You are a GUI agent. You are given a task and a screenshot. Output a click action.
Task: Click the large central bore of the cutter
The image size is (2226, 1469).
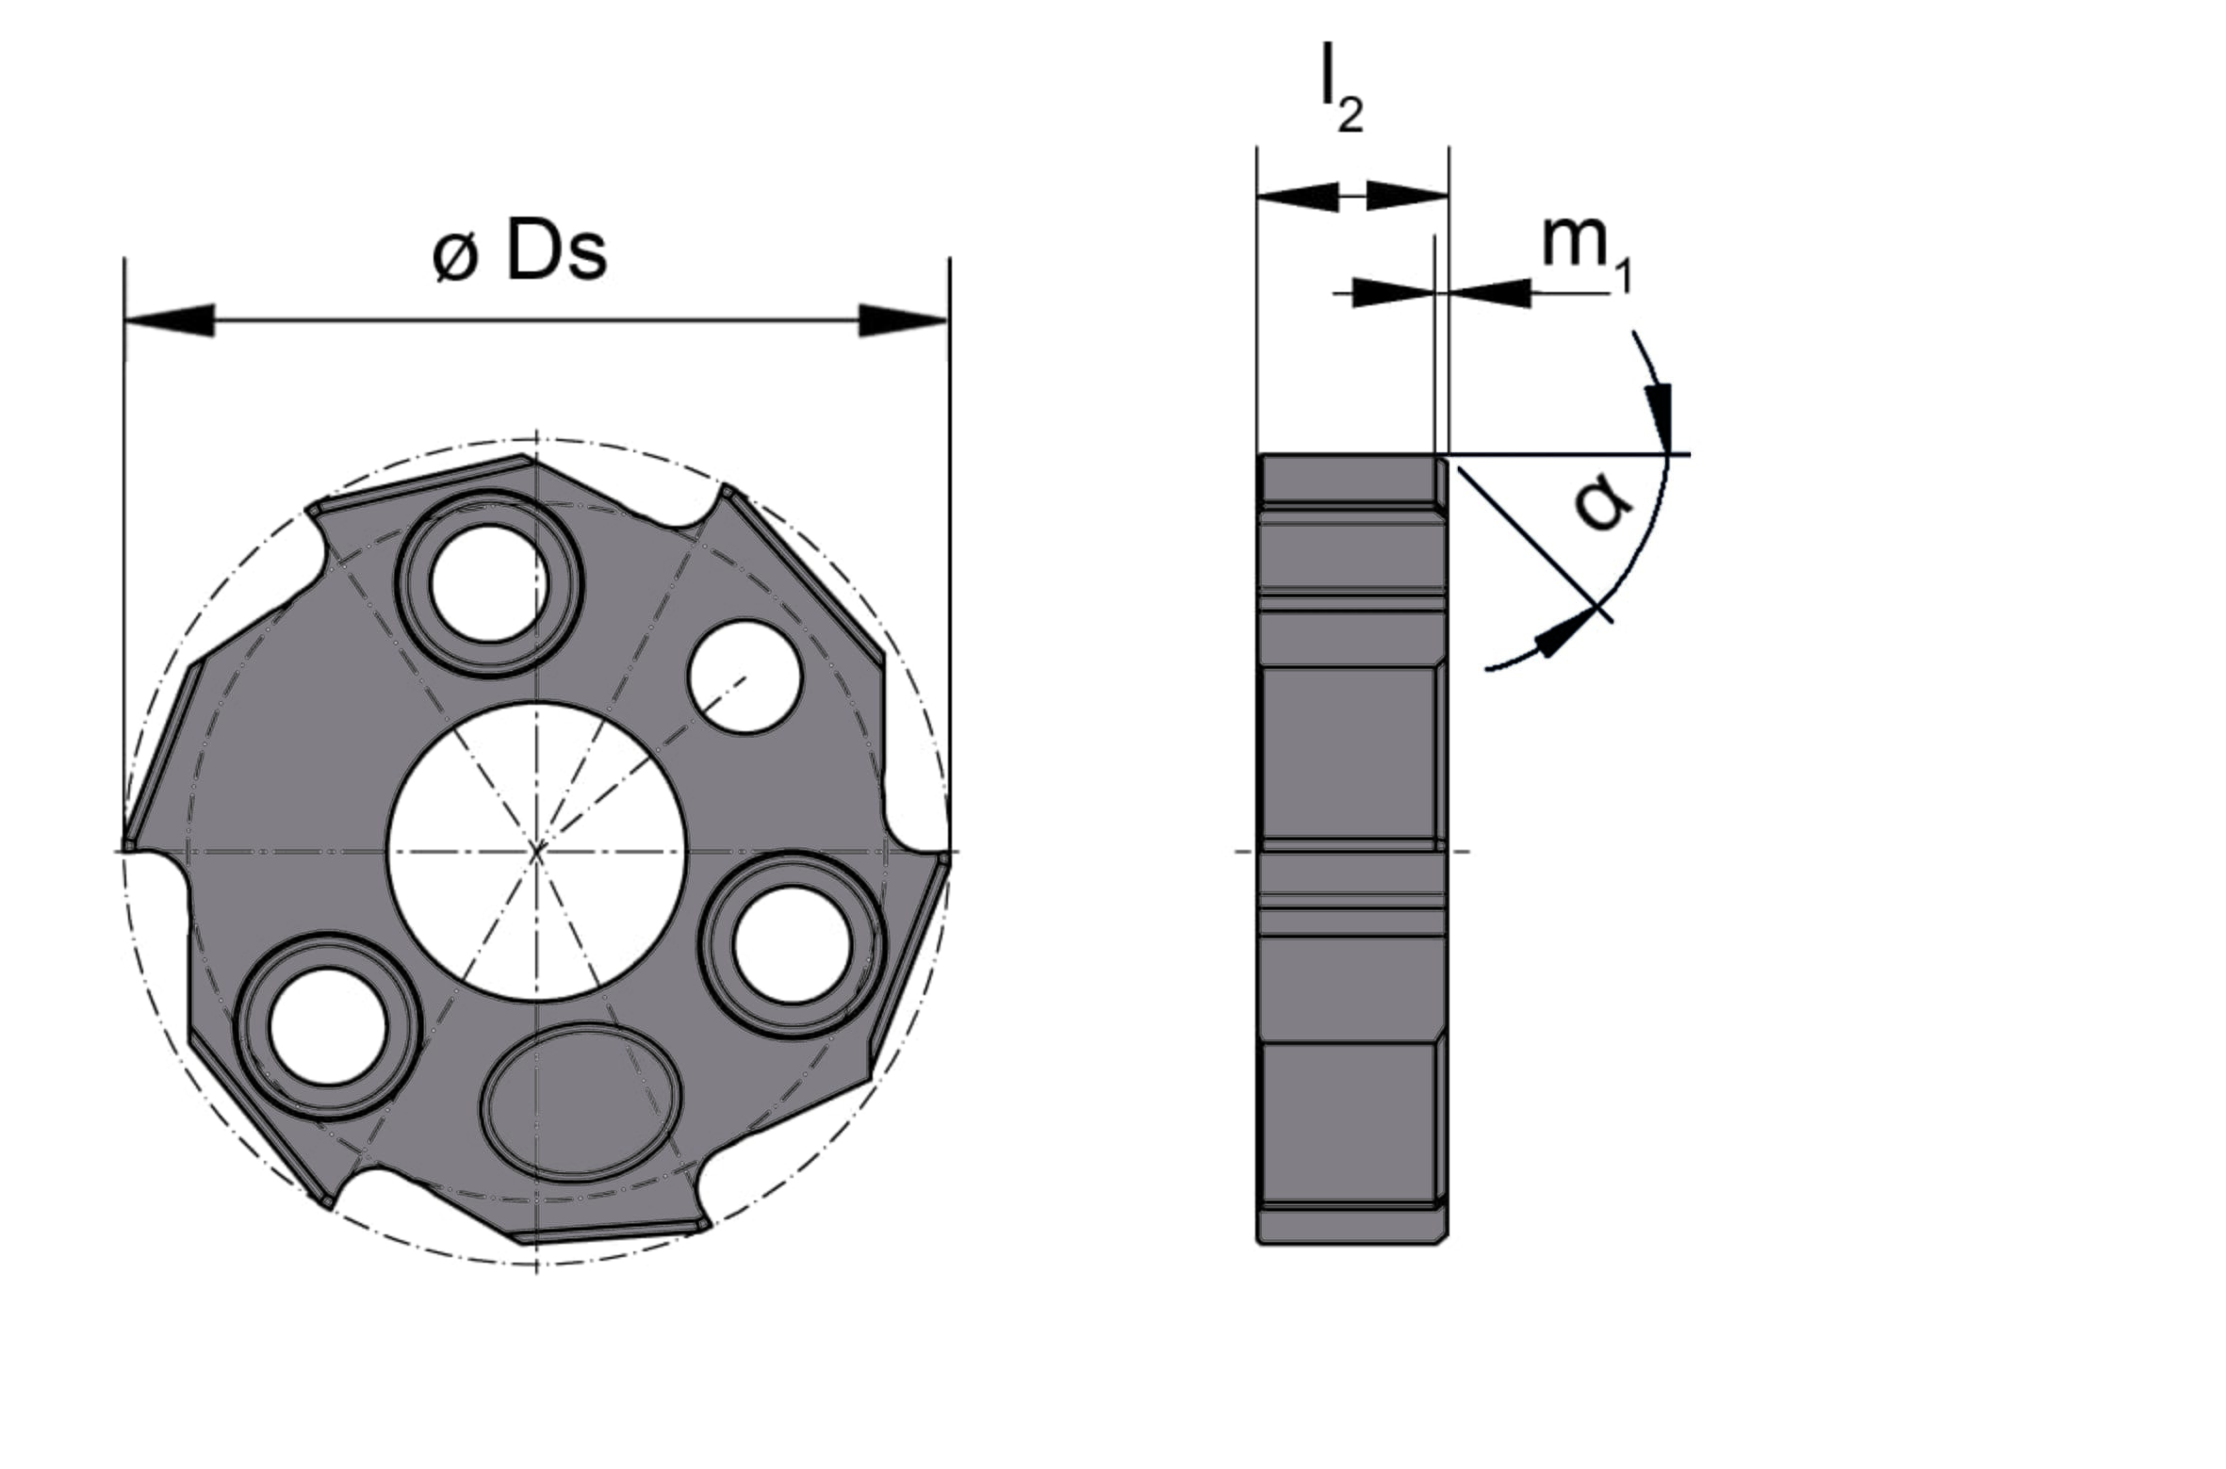click(x=537, y=852)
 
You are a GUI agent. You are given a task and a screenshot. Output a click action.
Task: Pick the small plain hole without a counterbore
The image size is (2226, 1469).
click(x=745, y=677)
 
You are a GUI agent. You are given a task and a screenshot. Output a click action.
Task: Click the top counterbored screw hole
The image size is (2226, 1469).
click(x=489, y=584)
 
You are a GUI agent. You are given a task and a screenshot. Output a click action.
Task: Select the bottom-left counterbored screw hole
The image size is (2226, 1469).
click(x=328, y=1027)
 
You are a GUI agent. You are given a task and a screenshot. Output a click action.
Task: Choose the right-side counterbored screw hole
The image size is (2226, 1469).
click(x=793, y=945)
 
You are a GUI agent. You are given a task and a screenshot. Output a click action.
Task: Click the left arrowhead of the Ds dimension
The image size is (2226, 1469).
click(x=170, y=320)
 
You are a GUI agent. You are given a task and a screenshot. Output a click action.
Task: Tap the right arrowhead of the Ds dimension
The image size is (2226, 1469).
click(x=903, y=320)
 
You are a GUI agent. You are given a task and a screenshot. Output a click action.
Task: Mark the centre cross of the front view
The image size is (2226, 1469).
click(x=537, y=852)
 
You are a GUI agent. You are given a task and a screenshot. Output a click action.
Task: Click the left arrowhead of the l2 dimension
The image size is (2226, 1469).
click(x=1298, y=196)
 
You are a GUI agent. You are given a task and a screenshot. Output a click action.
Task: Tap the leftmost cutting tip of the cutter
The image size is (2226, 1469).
click(x=127, y=844)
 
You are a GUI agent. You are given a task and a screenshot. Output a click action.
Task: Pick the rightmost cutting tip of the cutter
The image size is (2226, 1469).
click(x=944, y=859)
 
